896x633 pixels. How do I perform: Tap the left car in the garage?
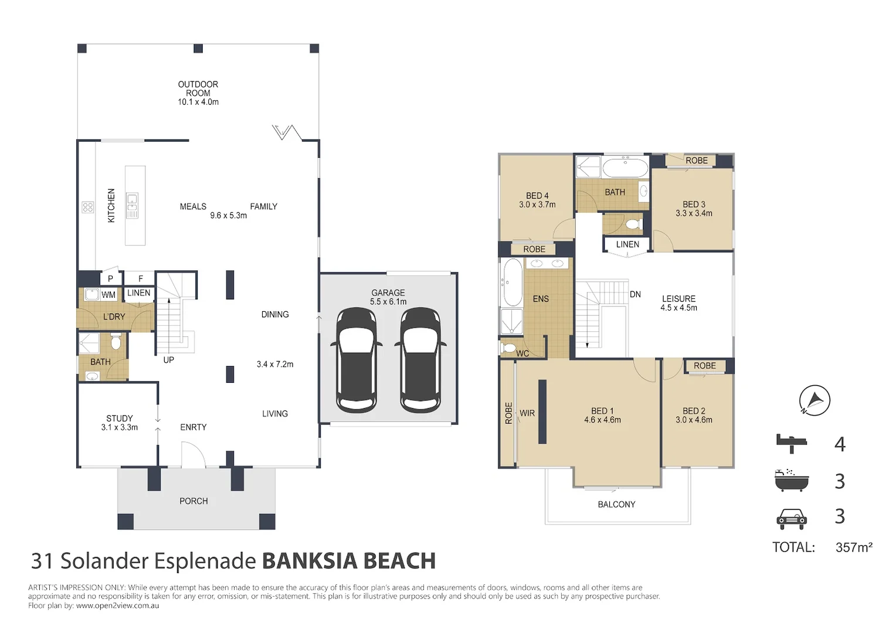point(357,360)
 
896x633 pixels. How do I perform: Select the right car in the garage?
point(420,360)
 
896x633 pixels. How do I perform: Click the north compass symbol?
point(814,400)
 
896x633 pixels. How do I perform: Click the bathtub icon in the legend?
point(792,480)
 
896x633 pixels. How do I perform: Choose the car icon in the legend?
point(792,519)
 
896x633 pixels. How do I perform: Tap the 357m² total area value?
point(854,547)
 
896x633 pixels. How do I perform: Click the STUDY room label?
point(119,423)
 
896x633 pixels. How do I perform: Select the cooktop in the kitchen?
point(88,207)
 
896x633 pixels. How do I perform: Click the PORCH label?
point(194,501)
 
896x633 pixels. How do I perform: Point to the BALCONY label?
point(616,504)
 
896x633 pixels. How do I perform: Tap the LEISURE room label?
point(679,302)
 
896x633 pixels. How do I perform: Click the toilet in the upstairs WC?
point(509,348)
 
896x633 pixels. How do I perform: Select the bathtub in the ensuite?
point(513,283)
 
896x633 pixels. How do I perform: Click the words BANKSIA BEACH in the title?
point(349,561)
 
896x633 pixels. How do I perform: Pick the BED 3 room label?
point(694,209)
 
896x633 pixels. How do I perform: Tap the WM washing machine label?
point(108,295)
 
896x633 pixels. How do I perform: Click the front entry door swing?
point(194,455)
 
